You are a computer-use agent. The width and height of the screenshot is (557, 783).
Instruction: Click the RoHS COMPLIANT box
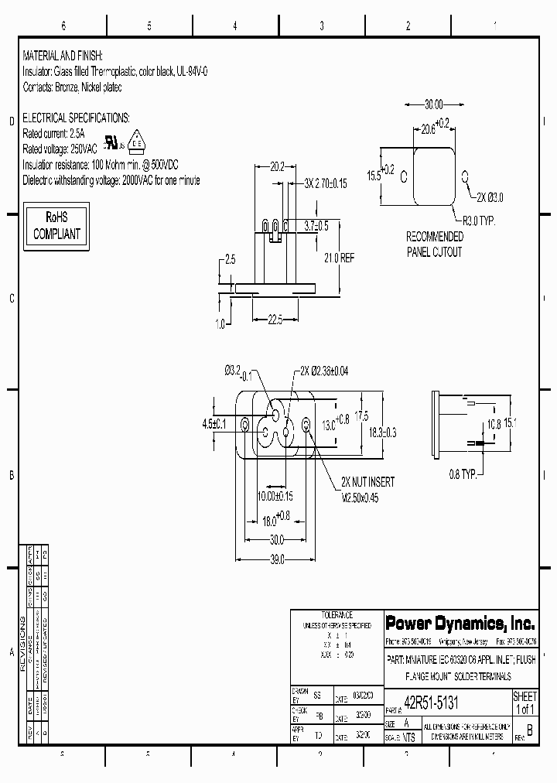pos(56,226)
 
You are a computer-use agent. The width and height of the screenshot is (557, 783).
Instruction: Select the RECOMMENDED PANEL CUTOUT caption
pos(434,244)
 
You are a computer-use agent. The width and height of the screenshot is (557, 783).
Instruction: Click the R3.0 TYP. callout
pos(479,221)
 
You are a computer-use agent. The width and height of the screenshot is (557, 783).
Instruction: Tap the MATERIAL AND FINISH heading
pos(63,57)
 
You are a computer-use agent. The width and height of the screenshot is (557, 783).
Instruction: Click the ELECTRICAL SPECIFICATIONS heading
pos(75,118)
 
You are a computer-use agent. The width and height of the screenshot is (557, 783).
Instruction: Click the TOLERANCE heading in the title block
pos(337,614)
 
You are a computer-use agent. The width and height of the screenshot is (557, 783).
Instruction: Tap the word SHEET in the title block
pos(525,697)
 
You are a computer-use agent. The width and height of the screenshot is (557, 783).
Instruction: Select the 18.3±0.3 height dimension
pos(381,433)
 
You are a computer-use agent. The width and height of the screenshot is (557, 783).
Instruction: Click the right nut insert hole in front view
pos(306,424)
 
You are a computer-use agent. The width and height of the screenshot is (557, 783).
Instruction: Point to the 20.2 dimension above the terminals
pos(277,166)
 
